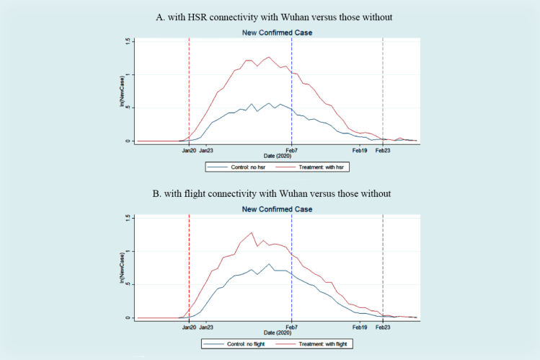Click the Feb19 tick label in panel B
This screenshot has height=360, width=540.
tap(360, 327)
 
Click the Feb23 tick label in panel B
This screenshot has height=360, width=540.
tap(382, 327)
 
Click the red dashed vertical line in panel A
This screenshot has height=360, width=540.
tap(189, 87)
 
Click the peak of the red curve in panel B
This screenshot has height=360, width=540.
tap(252, 232)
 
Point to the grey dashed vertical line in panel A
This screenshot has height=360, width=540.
tap(382, 87)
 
